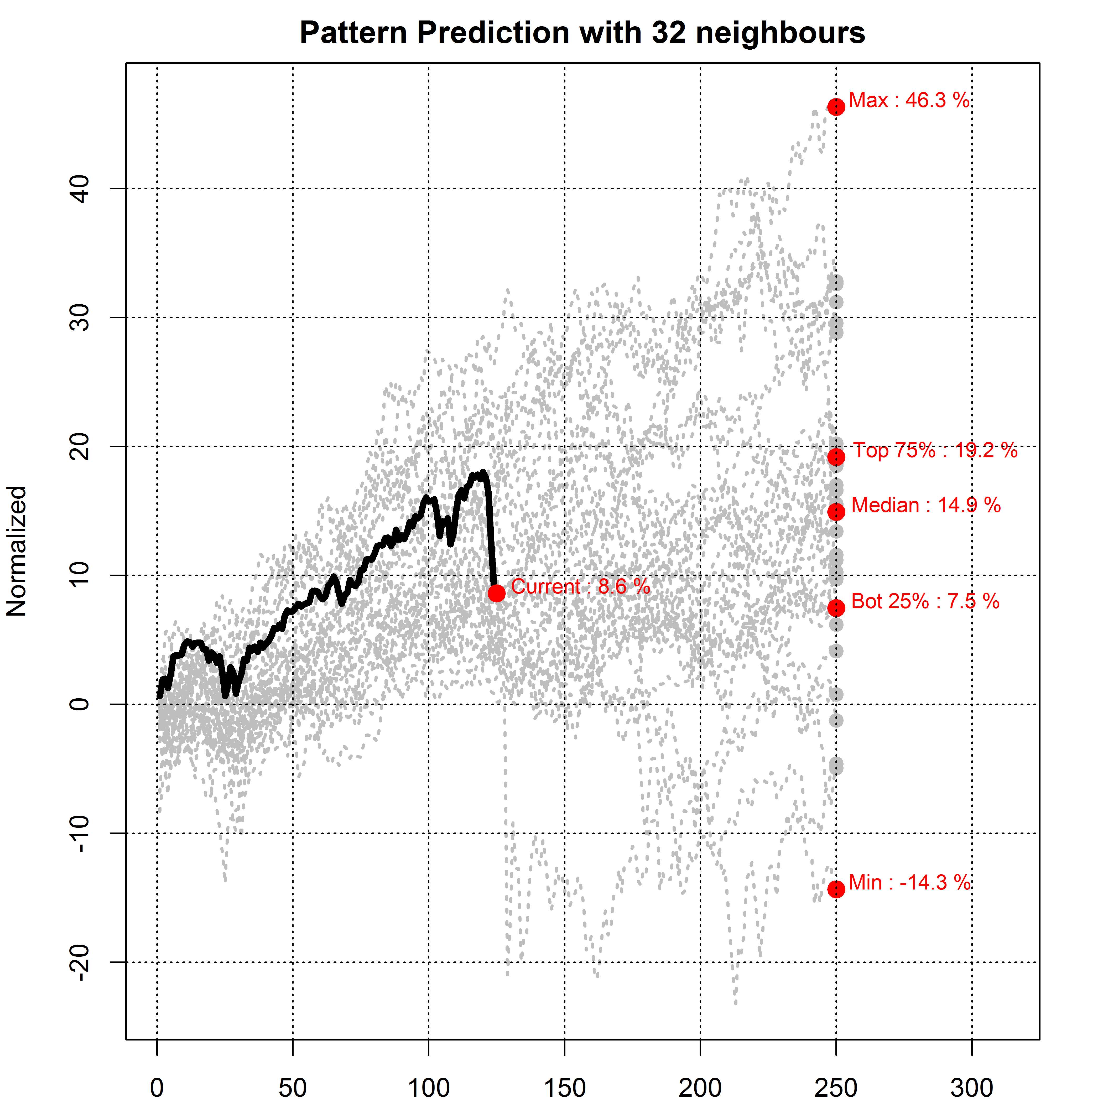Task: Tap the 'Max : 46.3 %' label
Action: point(909,101)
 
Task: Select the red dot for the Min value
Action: point(836,889)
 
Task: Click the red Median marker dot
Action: point(836,512)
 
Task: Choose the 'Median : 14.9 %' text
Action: point(925,505)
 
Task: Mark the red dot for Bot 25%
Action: point(836,608)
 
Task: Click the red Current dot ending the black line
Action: point(497,593)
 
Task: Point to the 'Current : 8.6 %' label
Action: point(580,586)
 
